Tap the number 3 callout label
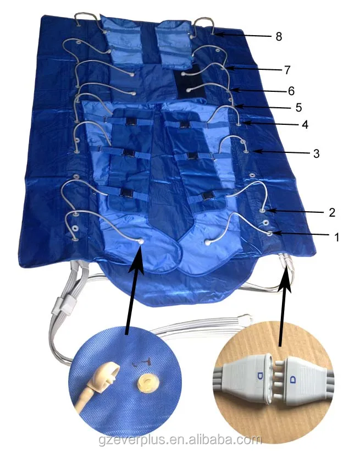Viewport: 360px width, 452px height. click(316, 152)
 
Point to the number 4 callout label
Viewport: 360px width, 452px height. click(304, 124)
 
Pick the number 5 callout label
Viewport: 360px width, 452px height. click(298, 106)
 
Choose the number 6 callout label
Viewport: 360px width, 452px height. click(291, 89)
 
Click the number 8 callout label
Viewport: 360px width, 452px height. click(279, 37)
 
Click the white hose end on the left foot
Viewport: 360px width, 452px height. click(142, 241)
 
